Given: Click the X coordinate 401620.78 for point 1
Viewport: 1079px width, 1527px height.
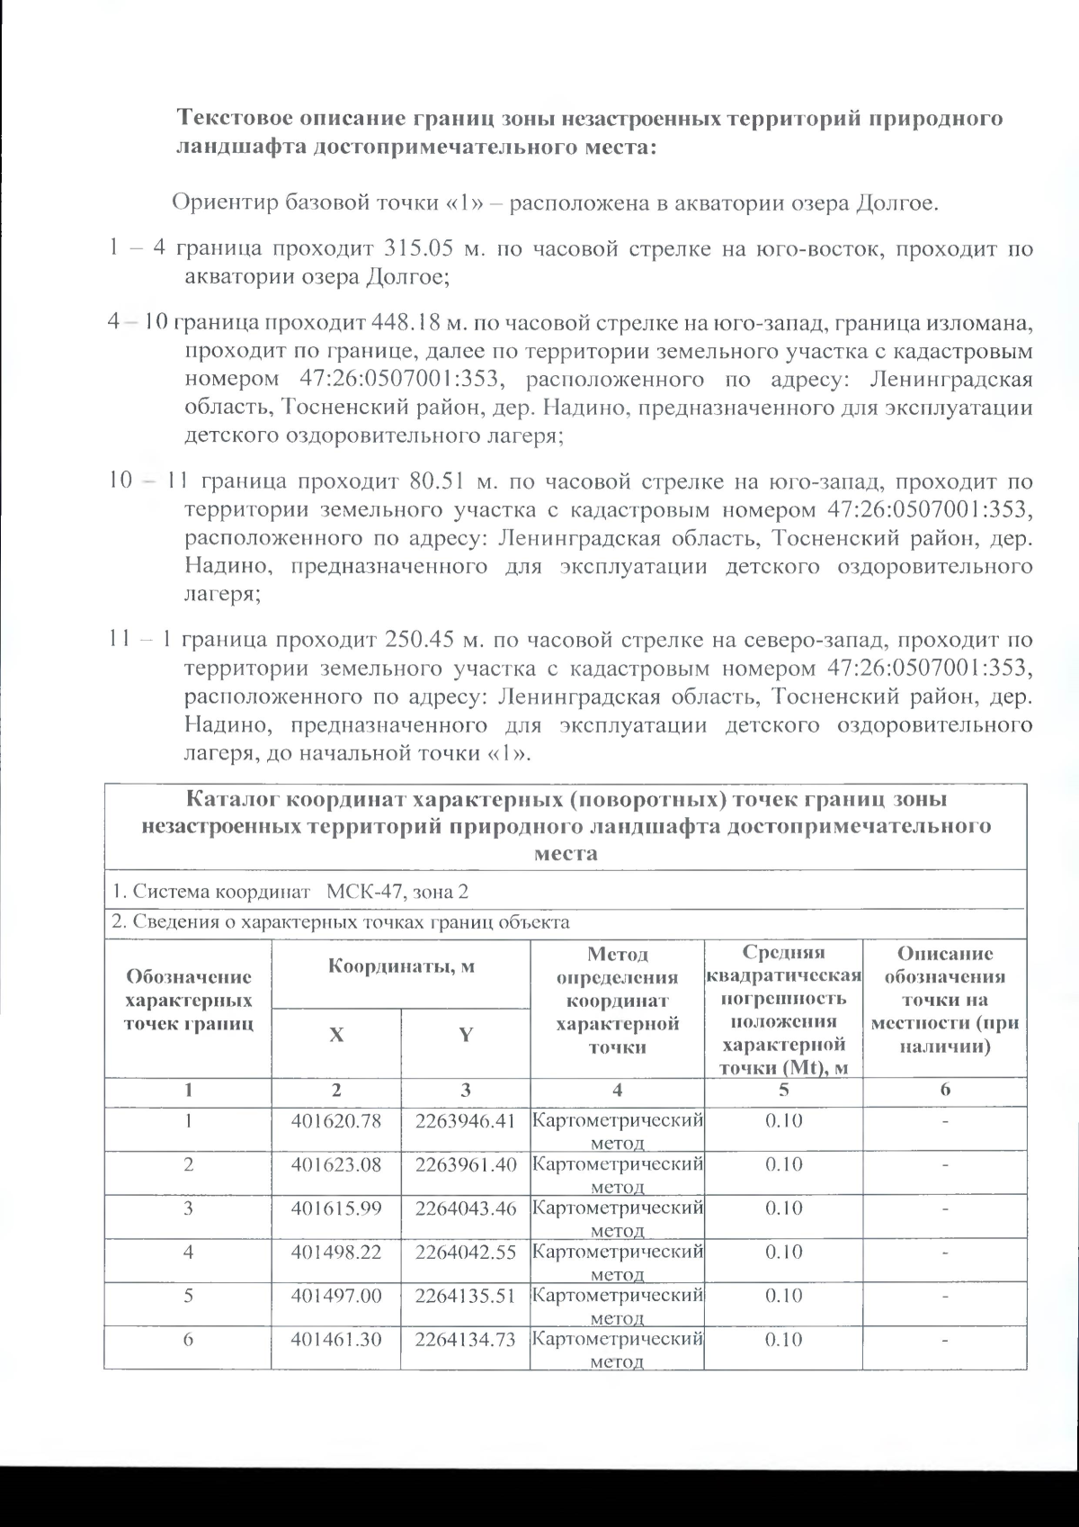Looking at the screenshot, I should click(x=335, y=1121).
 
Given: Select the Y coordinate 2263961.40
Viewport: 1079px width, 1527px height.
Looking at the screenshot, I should click(x=466, y=1164).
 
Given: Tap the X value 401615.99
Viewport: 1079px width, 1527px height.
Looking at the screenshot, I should click(x=335, y=1208).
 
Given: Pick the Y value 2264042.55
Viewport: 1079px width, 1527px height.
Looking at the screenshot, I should click(x=466, y=1252).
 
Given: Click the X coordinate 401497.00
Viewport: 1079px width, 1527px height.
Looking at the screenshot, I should click(x=335, y=1295).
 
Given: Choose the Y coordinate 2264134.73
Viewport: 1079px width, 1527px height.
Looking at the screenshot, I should click(x=466, y=1339).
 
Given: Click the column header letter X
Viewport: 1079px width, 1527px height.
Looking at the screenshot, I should click(x=335, y=1035).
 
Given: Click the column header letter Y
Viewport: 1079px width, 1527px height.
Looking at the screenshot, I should click(x=466, y=1035).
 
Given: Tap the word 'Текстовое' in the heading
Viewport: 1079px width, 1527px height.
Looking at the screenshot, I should click(x=232, y=119).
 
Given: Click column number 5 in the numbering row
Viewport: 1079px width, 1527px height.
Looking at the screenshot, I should click(x=783, y=1090).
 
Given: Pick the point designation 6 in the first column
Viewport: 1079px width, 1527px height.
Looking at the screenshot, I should click(x=188, y=1339).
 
